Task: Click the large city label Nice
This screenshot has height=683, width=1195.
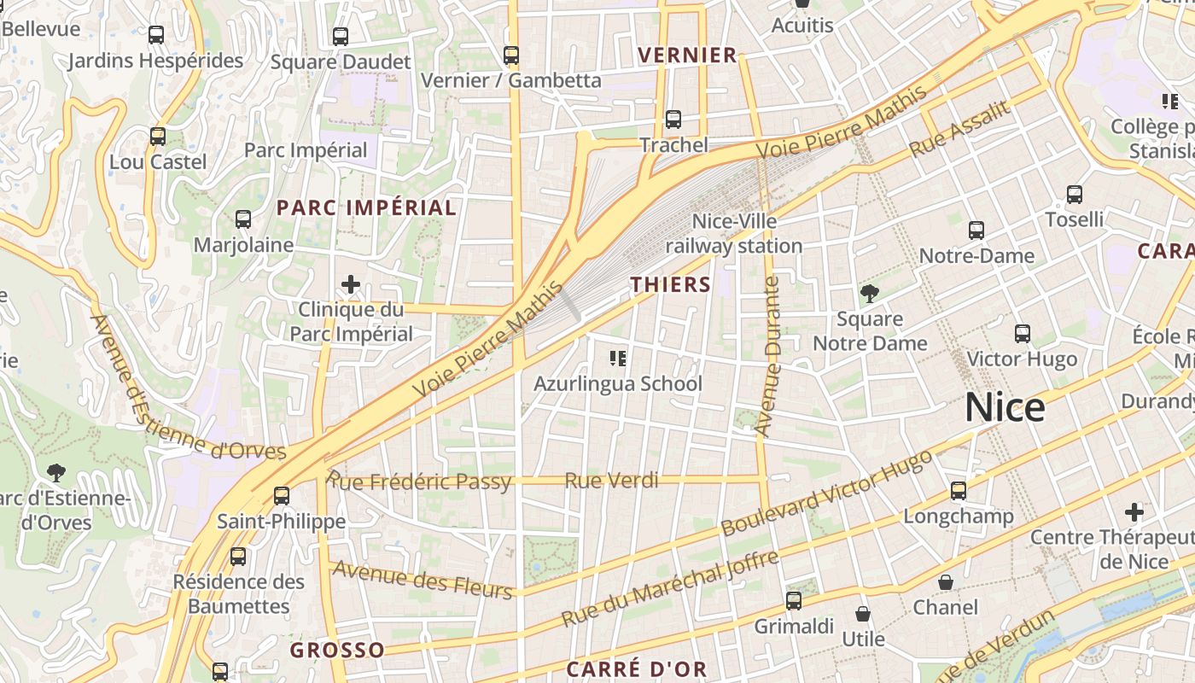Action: coord(1005,408)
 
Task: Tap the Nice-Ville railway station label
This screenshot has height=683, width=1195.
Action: coord(734,234)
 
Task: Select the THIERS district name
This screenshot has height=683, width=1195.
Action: coord(671,284)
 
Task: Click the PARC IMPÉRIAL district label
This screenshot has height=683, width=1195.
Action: coord(366,207)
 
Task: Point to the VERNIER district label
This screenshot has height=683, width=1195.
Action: coord(687,55)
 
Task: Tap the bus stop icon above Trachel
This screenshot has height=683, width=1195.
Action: coord(673,120)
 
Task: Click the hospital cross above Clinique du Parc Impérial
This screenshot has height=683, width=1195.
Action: coord(351,284)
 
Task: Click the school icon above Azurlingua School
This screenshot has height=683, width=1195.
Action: coord(618,359)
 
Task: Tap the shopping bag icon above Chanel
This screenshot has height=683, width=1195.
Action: coord(946,582)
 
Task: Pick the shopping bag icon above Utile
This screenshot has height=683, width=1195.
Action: coord(863,614)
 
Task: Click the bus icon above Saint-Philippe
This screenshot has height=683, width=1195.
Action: coord(282,495)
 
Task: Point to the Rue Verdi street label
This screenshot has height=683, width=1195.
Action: coord(611,481)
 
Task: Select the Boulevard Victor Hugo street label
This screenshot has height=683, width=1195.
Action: coord(826,493)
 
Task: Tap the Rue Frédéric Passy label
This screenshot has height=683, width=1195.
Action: coord(419,481)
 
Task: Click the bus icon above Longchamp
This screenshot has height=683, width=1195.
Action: coord(959,491)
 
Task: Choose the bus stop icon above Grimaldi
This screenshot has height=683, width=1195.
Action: coord(794,601)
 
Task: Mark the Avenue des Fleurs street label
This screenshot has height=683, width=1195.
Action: coord(423,580)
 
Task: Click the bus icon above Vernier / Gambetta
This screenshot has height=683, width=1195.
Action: coord(511,55)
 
